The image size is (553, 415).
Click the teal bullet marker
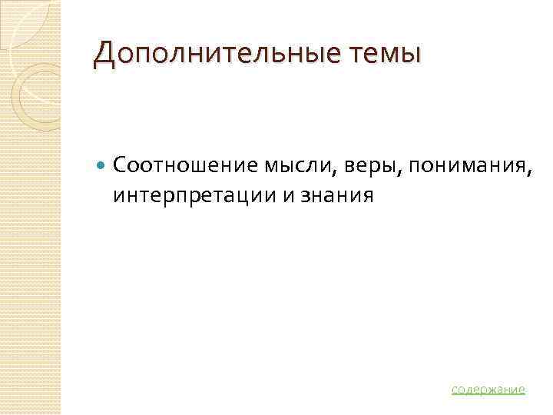tap(102, 164)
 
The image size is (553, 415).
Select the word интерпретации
tap(194, 196)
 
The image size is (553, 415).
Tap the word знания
tap(336, 196)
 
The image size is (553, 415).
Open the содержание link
tap(488, 389)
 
